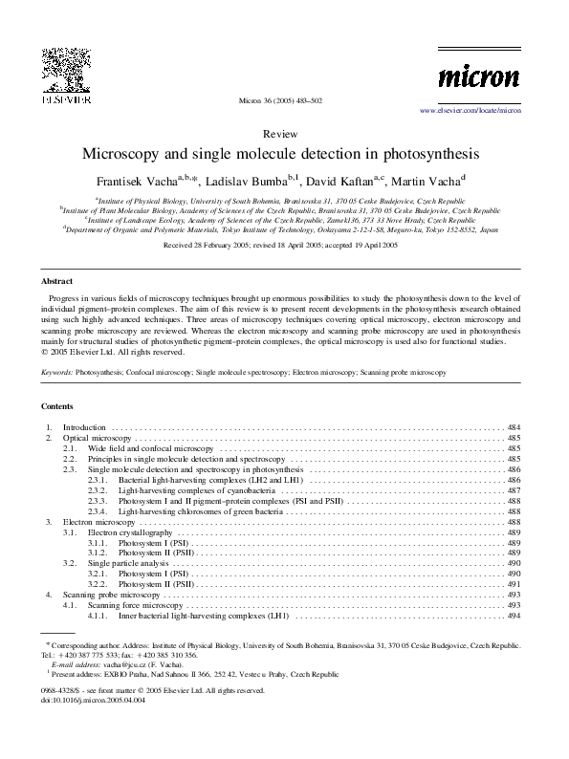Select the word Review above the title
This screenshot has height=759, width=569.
click(284, 135)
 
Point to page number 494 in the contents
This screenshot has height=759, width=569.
click(514, 617)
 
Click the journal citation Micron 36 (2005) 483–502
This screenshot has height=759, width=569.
click(284, 100)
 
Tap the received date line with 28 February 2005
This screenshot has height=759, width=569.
click(284, 246)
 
